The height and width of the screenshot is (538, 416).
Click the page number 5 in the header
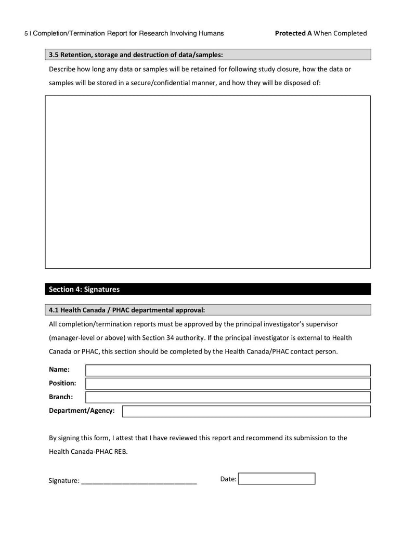[26, 34]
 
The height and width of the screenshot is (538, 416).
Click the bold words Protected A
[293, 33]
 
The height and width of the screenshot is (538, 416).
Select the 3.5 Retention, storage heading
[136, 55]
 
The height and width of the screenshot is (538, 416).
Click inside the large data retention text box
[207, 181]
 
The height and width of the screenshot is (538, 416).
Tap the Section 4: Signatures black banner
[207, 290]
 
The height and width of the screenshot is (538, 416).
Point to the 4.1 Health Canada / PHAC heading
[127, 310]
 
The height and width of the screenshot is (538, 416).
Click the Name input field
[228, 370]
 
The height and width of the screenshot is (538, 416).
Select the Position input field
[228, 384]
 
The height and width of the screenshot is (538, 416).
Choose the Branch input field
[228, 397]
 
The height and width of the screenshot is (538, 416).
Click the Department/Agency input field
[246, 411]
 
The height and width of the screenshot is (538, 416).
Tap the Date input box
[277, 479]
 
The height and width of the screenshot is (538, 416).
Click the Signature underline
[139, 482]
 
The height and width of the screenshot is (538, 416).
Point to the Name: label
[59, 370]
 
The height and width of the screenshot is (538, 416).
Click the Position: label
[62, 383]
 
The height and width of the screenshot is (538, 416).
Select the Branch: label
[61, 397]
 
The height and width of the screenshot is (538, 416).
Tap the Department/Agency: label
[82, 411]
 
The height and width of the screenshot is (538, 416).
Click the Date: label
[228, 479]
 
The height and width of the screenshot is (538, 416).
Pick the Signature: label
[64, 481]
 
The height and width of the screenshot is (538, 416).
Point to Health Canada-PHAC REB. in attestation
[88, 451]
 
